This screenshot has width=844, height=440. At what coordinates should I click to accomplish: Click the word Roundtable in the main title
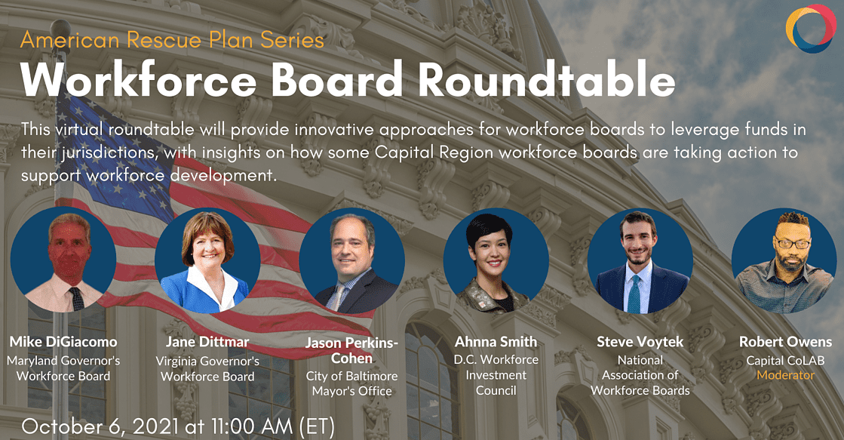(546, 79)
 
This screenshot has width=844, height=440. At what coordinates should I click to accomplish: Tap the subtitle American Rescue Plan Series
(172, 40)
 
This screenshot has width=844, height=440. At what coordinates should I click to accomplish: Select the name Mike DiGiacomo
(63, 341)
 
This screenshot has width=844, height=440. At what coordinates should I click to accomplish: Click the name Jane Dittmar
(207, 341)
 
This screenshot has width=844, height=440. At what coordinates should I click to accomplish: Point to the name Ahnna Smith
(496, 341)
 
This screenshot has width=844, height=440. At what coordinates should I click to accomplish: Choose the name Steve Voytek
(640, 341)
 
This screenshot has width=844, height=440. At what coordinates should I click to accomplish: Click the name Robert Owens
(785, 341)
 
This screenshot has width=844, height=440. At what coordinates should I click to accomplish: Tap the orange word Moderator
(785, 375)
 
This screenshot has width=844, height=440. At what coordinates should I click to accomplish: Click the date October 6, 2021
(100, 426)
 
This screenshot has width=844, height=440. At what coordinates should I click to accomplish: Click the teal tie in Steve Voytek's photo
(634, 294)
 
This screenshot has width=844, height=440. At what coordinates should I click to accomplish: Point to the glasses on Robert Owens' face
(791, 242)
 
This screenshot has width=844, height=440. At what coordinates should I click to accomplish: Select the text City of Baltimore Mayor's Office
(351, 383)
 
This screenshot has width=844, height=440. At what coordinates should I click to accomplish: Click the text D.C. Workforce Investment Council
(496, 375)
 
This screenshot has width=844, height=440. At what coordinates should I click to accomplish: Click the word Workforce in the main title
(139, 79)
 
